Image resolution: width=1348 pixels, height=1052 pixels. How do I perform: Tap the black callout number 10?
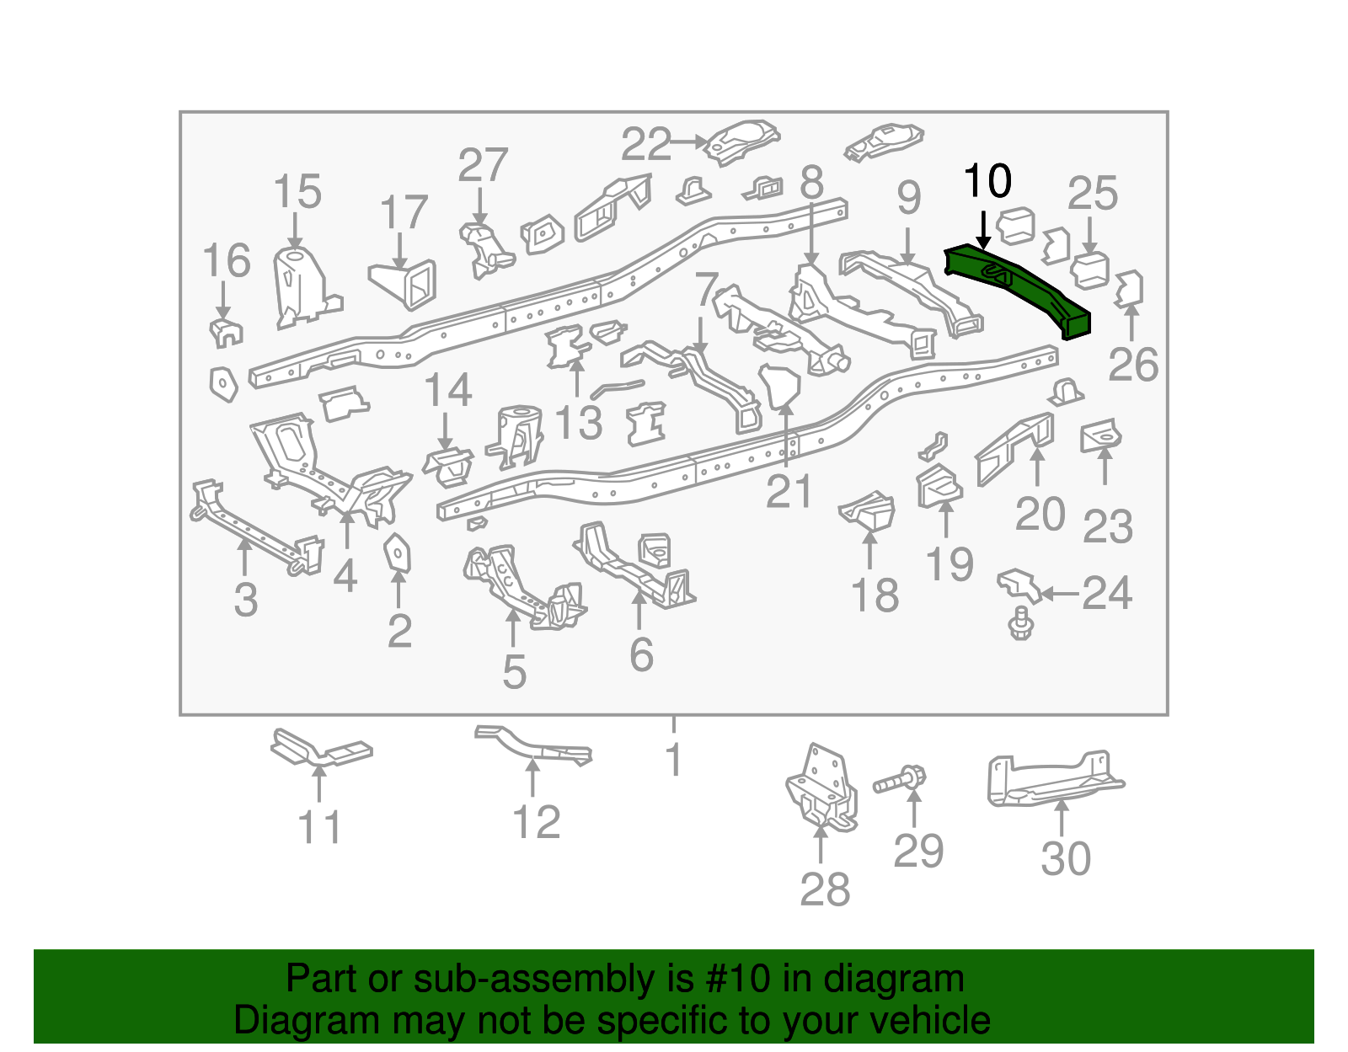(x=987, y=181)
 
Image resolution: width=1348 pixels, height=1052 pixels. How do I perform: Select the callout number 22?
(x=646, y=145)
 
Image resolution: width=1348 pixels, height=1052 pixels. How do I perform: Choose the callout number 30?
(x=1066, y=859)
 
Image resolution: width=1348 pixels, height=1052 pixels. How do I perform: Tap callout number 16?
(x=227, y=261)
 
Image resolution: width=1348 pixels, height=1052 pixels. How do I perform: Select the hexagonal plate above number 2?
(x=397, y=553)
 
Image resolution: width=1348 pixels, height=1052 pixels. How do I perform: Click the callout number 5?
(x=514, y=672)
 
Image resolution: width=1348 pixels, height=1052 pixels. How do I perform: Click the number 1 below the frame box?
(x=673, y=760)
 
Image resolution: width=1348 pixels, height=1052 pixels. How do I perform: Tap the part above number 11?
(x=320, y=750)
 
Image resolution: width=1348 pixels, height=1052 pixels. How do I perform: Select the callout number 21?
(x=789, y=492)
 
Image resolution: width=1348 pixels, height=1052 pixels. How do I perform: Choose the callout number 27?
(x=483, y=165)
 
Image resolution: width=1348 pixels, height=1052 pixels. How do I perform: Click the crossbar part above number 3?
(x=253, y=526)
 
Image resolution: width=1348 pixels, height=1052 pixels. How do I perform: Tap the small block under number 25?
(x=1089, y=270)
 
